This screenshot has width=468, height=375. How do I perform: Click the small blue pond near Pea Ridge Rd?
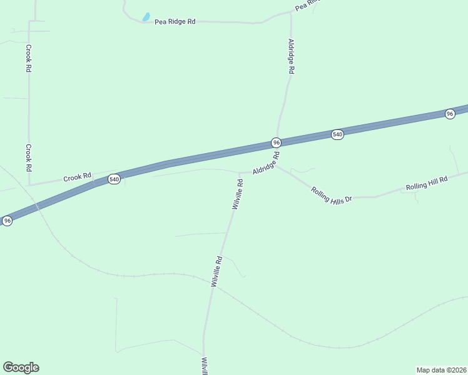click(x=146, y=17)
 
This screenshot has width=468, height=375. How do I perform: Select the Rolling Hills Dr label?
click(x=332, y=191)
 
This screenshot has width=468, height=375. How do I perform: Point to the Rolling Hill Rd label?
click(x=427, y=183)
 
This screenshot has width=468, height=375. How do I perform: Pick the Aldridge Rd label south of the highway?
click(x=265, y=162)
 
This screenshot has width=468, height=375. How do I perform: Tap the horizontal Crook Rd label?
click(x=78, y=177)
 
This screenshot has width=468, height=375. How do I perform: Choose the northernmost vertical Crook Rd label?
click(x=29, y=57)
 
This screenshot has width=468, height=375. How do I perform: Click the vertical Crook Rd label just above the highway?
click(x=29, y=157)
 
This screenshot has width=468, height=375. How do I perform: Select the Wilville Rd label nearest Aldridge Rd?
click(x=237, y=194)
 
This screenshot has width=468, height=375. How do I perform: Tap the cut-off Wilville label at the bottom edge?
click(x=204, y=366)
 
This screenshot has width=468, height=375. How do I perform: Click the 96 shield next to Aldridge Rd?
click(x=276, y=142)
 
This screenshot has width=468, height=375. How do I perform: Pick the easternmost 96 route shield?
click(x=450, y=113)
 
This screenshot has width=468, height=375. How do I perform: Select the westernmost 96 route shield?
click(x=7, y=221)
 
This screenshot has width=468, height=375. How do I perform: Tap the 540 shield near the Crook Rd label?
click(x=114, y=179)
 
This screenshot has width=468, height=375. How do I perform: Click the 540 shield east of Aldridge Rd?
click(x=337, y=134)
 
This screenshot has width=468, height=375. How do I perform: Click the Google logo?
click(x=21, y=367)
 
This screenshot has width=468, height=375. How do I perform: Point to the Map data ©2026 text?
click(x=441, y=369)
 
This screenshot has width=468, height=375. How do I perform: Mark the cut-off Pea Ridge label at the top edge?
click(x=307, y=5)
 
